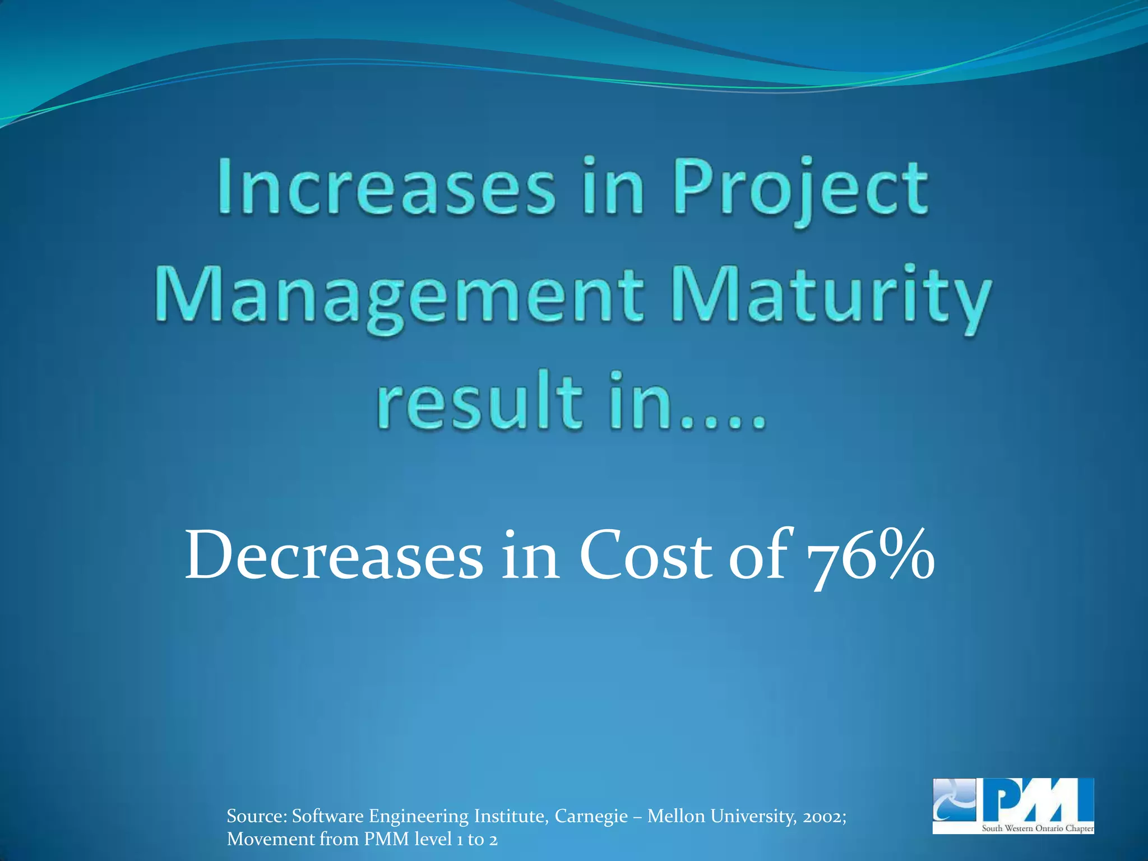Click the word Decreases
(x=334, y=557)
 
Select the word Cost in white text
(x=645, y=557)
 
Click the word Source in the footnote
(x=257, y=816)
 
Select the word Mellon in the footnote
(x=676, y=816)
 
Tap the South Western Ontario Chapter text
(x=1037, y=828)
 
